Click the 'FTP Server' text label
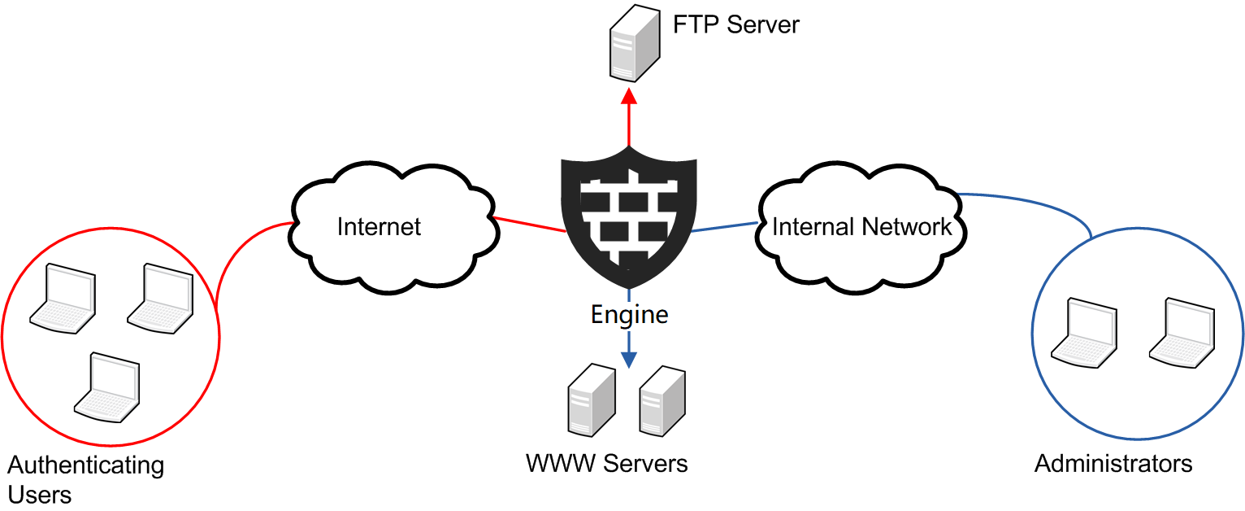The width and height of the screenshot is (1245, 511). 736,24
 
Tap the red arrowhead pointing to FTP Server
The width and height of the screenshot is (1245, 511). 629,97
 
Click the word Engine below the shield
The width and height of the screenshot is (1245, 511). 629,314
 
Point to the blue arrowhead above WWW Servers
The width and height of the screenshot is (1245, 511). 629,357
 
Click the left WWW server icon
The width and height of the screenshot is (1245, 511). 592,399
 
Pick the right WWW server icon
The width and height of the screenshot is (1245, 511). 664,399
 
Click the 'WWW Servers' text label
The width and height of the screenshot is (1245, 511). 606,464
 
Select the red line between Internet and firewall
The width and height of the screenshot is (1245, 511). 530,225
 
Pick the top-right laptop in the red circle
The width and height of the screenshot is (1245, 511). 160,298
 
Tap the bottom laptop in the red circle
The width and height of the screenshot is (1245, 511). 107,387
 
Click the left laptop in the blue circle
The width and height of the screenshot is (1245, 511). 1084,332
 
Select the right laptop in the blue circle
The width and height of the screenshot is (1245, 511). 1182,332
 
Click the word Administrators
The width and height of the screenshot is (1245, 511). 1113,464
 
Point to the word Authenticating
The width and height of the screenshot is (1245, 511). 85,465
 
